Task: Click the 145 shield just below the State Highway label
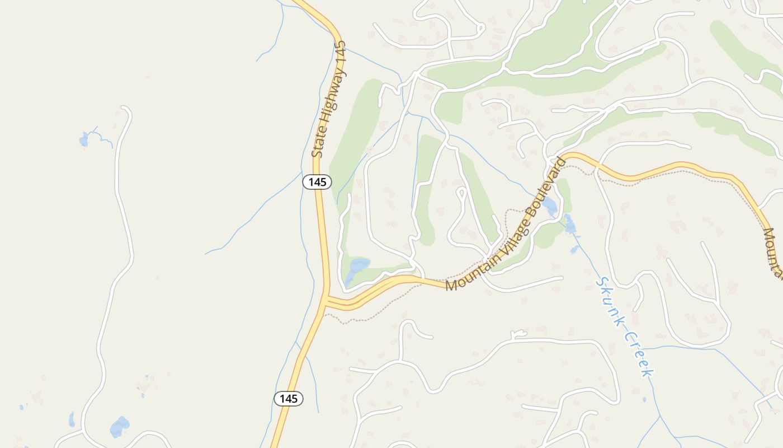point(317,182)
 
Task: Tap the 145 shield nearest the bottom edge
point(289,399)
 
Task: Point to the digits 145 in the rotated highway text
point(341,53)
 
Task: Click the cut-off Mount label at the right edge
point(774,252)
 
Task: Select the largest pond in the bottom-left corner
point(120,427)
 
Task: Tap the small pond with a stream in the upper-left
point(84,139)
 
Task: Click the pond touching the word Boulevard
point(550,206)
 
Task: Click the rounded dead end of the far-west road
point(125,109)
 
